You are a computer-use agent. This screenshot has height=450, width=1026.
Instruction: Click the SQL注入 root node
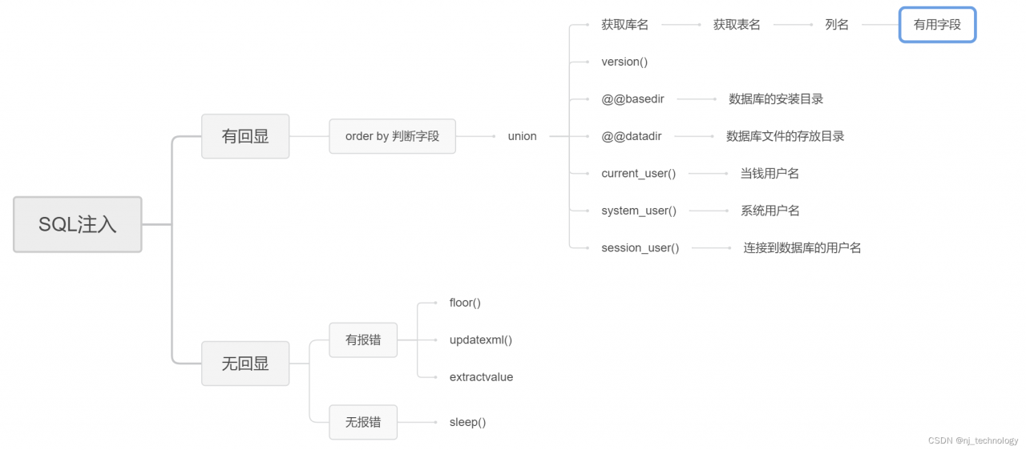[77, 224]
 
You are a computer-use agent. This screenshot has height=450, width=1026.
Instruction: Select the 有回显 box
[244, 136]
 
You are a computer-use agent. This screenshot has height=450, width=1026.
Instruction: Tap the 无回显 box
[244, 363]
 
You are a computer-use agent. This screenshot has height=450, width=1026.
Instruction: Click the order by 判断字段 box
[392, 136]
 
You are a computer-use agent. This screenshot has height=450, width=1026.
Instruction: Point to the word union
[522, 136]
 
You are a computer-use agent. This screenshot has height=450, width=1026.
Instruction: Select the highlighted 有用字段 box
[937, 25]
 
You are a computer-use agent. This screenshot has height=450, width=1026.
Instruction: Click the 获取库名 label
[624, 25]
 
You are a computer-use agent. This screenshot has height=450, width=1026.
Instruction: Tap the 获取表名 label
[737, 25]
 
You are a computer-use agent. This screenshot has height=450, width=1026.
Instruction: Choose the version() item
[624, 62]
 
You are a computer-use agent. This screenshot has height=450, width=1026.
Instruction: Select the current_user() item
[638, 173]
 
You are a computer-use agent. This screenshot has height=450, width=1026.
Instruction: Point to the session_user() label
[640, 247]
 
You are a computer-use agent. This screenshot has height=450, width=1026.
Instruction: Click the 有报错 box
[362, 340]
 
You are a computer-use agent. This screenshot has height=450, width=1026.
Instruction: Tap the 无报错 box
[362, 422]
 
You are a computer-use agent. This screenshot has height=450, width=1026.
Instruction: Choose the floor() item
[465, 303]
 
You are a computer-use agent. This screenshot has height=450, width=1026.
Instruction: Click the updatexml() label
[480, 340]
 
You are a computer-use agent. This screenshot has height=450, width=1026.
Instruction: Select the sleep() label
[467, 422]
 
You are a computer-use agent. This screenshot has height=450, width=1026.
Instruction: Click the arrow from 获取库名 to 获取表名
[681, 25]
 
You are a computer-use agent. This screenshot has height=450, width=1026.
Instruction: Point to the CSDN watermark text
[972, 440]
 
